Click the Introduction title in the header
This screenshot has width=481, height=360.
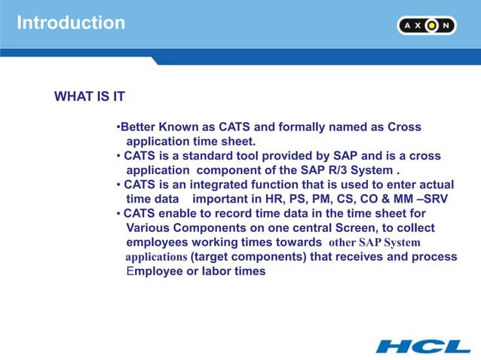(71, 23)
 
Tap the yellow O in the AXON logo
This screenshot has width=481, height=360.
(431, 26)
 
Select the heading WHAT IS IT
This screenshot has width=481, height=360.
(90, 97)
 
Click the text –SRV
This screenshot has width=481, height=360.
(427, 199)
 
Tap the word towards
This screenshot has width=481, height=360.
(299, 243)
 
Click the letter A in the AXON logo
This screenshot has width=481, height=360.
(408, 26)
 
